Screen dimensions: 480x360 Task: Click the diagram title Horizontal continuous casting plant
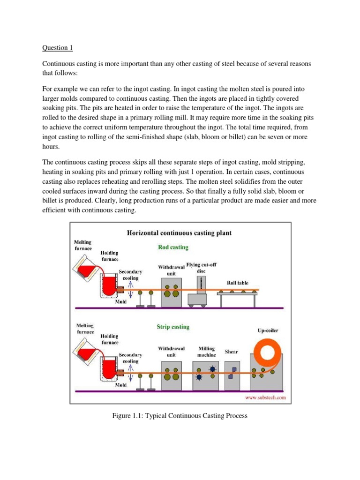click(x=179, y=232)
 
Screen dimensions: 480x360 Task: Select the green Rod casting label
click(x=173, y=247)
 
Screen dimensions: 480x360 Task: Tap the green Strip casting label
click(x=173, y=327)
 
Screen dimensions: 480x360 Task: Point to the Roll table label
click(x=238, y=283)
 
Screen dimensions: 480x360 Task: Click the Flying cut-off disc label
click(x=201, y=268)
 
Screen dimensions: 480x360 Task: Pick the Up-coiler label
click(x=267, y=330)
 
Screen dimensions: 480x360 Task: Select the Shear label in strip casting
click(x=232, y=352)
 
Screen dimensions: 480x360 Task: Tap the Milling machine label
click(x=206, y=352)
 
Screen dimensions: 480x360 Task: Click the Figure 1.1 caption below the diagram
click(x=180, y=416)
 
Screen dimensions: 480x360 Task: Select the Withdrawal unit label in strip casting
click(x=171, y=352)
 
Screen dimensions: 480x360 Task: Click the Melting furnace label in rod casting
click(x=84, y=244)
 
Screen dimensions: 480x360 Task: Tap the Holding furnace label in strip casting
click(x=109, y=339)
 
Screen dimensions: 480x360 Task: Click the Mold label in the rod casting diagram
click(x=121, y=302)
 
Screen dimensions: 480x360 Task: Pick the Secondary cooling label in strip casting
click(x=130, y=358)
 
